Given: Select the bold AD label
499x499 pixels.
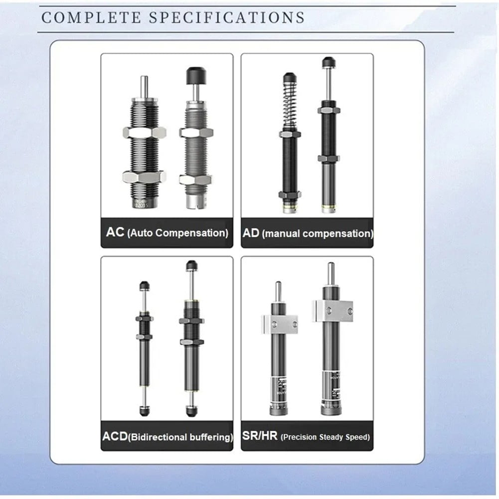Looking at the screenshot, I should tap(251, 232).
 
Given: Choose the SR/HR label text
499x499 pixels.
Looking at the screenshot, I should tap(260, 437).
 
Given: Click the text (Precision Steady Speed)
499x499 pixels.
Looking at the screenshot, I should tap(326, 437).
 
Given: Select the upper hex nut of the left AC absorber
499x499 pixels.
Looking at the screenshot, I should tap(144, 132).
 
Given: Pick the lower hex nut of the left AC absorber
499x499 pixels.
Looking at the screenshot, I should tap(144, 176).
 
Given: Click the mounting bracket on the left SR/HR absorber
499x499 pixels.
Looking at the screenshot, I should tap(279, 324).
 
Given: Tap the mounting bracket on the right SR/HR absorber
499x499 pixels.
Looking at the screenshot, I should tap(333, 311).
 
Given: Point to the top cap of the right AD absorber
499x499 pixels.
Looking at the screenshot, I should tap(328, 62).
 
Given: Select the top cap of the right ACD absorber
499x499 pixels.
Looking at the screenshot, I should tap(191, 265).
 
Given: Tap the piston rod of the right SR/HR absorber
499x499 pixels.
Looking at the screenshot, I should tap(331, 273).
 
